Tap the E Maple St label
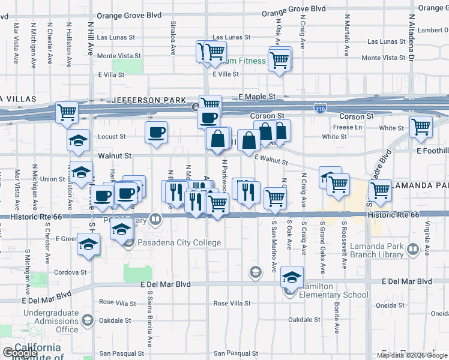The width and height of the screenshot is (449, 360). [256, 97]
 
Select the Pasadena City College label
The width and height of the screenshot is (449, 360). [179, 243]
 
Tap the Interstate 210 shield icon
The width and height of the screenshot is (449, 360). [320, 107]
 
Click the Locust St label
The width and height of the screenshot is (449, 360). [112, 137]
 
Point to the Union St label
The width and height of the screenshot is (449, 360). [52, 179]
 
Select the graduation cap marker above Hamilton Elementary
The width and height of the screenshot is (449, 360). [292, 276]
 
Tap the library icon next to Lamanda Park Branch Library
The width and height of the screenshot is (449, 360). [412, 248]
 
